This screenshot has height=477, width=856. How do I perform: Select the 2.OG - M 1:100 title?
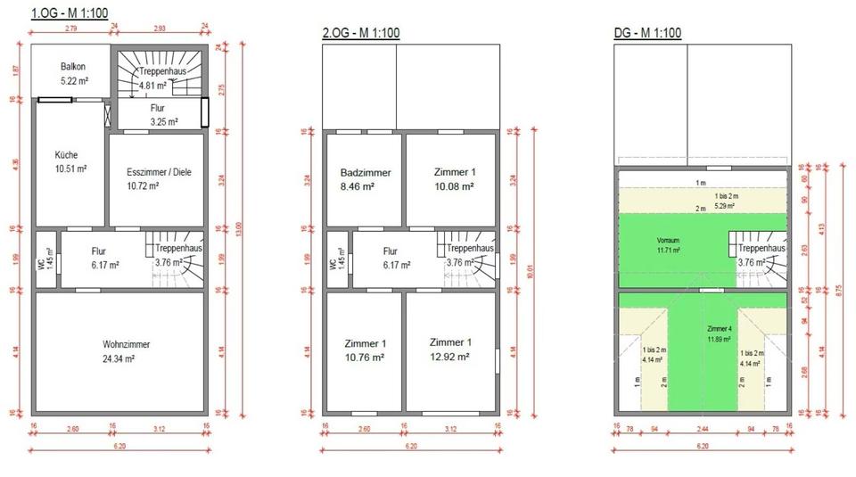(x=360, y=34)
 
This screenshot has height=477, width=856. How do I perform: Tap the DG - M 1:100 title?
(x=648, y=34)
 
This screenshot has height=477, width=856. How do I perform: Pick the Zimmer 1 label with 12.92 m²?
(x=450, y=350)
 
